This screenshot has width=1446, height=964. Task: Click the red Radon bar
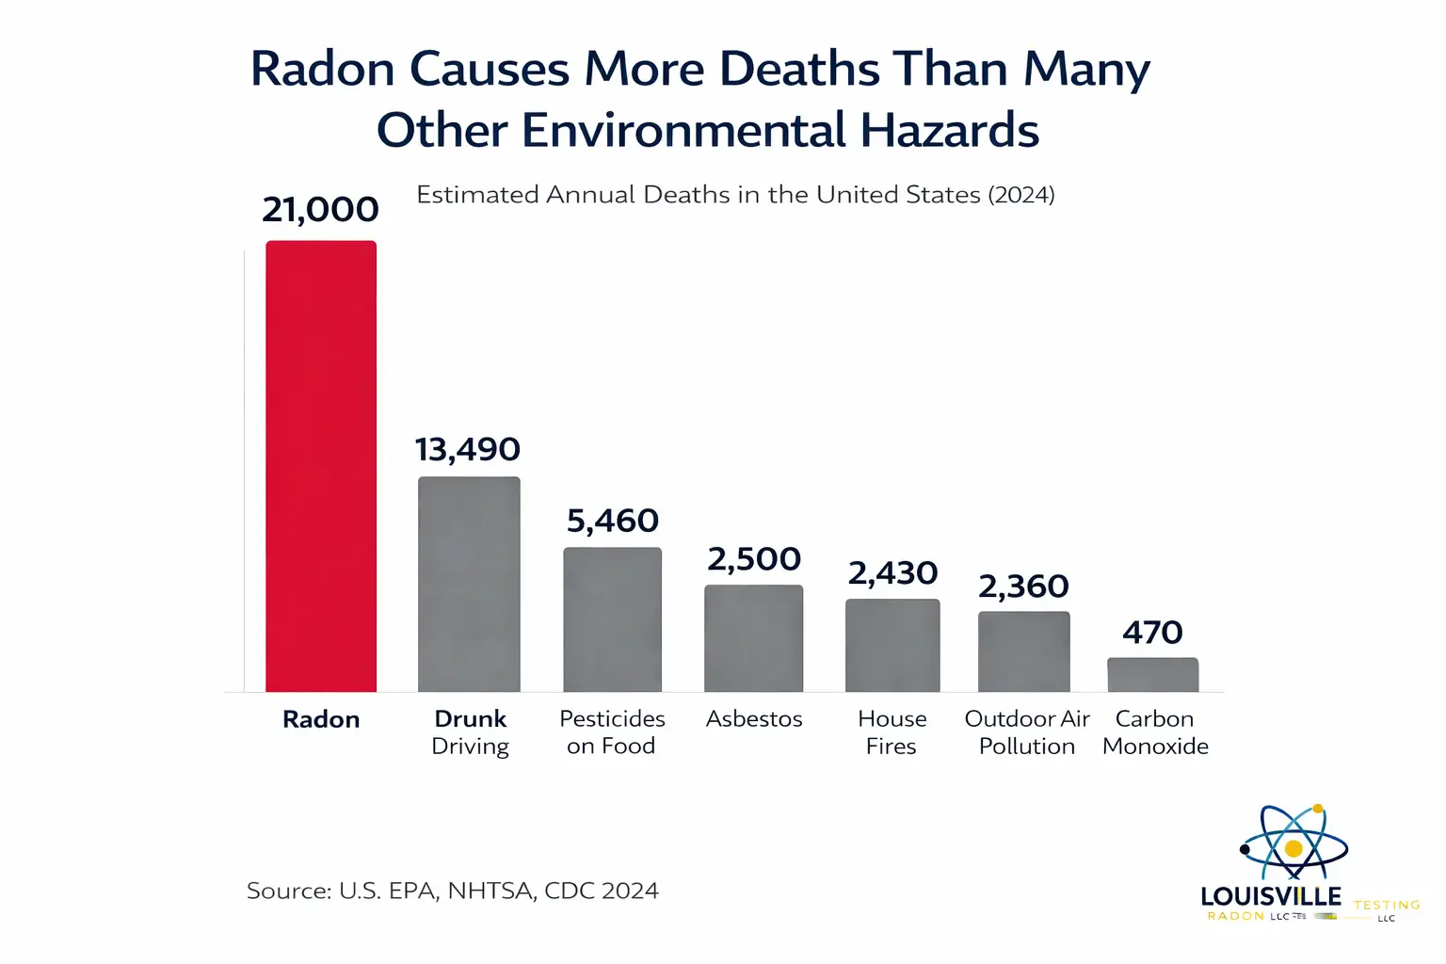[321, 466]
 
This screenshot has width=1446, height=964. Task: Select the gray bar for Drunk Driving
[469, 584]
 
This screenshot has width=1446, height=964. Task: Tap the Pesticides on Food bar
[612, 619]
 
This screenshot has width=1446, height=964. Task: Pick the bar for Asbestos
[753, 638]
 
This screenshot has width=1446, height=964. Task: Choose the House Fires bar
[892, 645]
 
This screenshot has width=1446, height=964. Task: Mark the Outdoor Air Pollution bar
[1023, 651]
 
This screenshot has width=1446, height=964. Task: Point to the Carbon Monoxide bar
[1152, 674]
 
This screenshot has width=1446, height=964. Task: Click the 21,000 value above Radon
[320, 209]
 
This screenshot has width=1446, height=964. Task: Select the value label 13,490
[468, 449]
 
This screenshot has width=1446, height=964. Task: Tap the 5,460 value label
[613, 521]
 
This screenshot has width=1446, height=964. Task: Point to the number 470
[1152, 632]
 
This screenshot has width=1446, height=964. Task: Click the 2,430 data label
[892, 572]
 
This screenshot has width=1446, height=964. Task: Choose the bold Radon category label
[321, 719]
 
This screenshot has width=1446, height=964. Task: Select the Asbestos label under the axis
[754, 719]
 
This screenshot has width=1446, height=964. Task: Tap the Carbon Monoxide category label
[1155, 732]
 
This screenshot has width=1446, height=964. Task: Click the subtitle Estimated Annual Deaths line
[735, 195]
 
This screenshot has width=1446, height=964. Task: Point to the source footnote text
[452, 891]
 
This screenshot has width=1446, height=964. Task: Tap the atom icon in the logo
[1293, 844]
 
